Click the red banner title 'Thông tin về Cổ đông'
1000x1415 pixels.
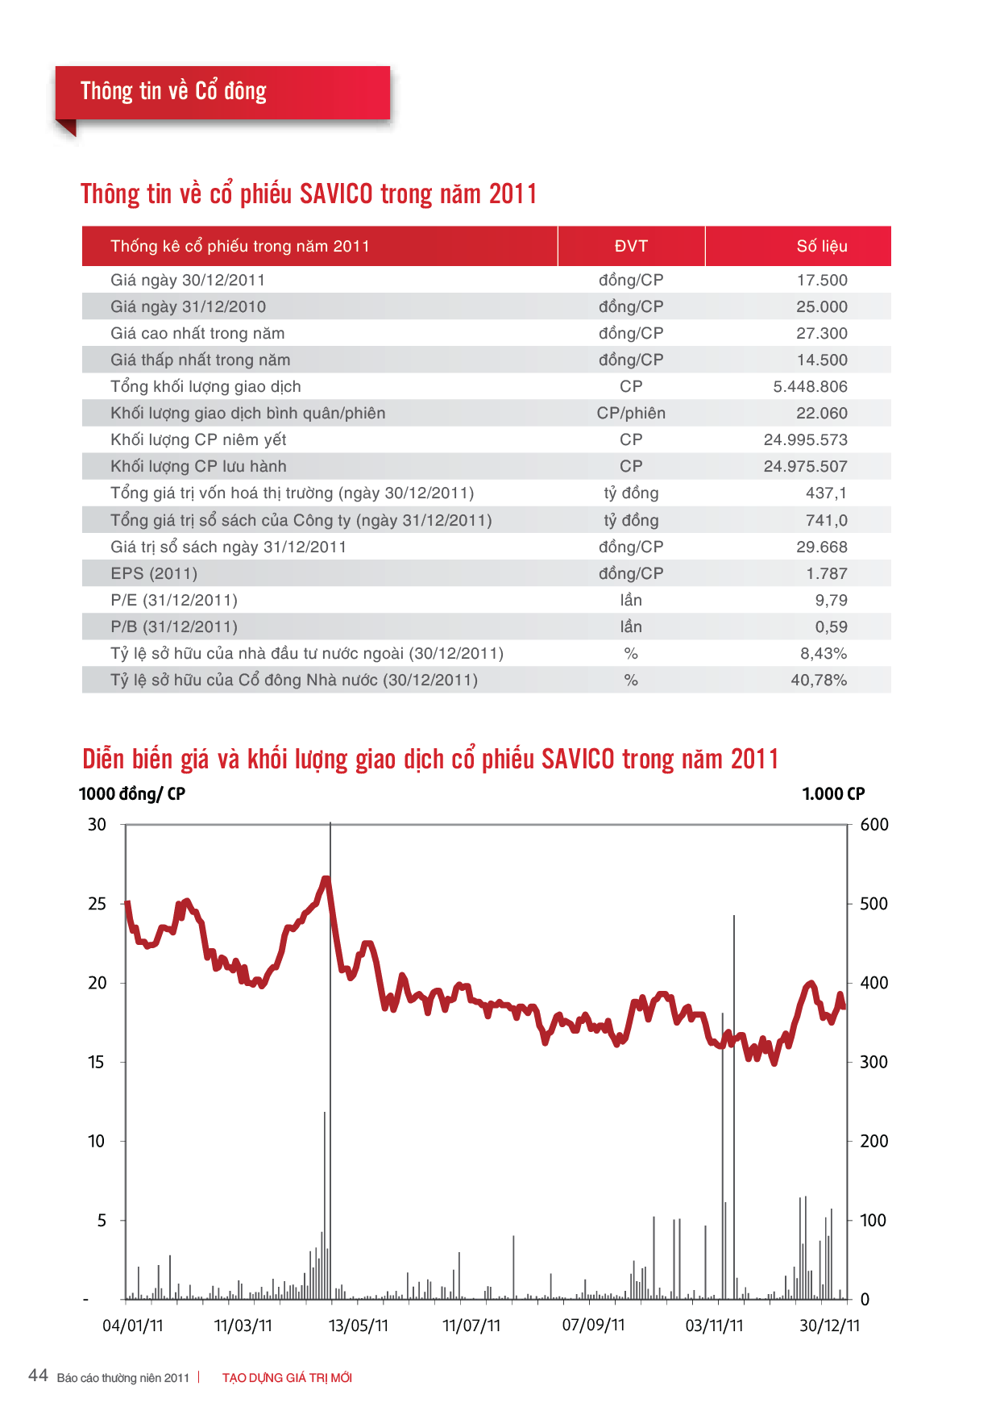point(173,91)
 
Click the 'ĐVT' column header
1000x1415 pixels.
point(631,246)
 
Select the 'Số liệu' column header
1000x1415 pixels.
point(822,246)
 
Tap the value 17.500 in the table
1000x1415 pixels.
point(822,280)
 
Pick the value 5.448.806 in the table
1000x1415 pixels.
point(810,386)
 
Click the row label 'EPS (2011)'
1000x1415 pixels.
point(154,573)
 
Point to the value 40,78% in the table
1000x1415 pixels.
point(819,680)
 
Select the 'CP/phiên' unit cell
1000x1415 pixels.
point(631,413)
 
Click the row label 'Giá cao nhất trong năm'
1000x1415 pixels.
point(197,333)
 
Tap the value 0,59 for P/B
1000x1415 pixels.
point(831,626)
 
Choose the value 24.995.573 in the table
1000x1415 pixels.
point(806,439)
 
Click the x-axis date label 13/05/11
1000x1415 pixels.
point(359,1326)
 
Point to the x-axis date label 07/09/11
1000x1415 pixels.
point(594,1325)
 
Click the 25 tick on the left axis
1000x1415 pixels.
point(97,904)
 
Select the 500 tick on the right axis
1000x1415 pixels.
point(873,904)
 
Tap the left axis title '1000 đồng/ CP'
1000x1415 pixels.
point(132,794)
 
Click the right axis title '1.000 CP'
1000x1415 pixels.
point(833,794)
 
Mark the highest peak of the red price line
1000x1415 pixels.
point(326,878)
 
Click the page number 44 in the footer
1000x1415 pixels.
point(38,1375)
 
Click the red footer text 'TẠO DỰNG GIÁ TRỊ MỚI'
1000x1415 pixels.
point(287,1378)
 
